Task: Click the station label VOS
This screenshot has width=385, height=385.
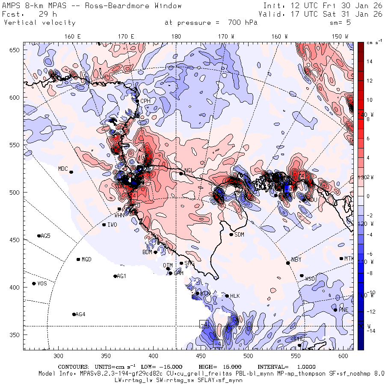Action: pos(42,284)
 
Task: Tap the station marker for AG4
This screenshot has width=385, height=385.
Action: pos(74,314)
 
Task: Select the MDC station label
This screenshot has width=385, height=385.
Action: pos(63,169)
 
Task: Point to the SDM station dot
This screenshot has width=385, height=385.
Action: pos(231,234)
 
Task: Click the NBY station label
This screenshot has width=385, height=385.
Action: pos(296,260)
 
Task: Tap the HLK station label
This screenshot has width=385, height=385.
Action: pos(235,296)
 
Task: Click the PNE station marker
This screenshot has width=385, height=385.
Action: pos(335,310)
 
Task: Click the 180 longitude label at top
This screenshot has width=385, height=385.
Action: pos(176,37)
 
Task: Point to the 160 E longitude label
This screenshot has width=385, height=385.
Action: pos(73,37)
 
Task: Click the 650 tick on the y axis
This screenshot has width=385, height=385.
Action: pos(15,50)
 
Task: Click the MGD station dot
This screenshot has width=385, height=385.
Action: pos(78,260)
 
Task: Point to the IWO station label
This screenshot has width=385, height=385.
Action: pos(112,225)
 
